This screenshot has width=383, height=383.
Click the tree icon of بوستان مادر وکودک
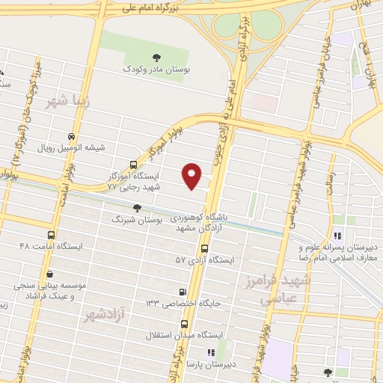click(x=156, y=56)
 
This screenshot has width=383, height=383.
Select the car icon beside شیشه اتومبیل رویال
click(x=71, y=137)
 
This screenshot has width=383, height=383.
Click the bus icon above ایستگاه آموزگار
click(x=133, y=165)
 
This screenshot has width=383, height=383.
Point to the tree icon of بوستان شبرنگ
click(x=136, y=208)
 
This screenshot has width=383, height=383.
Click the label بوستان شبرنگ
click(x=134, y=220)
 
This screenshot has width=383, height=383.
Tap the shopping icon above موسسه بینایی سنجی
click(x=49, y=275)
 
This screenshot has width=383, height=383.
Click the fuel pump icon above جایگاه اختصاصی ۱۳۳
click(x=183, y=292)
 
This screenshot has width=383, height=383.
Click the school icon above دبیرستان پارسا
click(x=211, y=352)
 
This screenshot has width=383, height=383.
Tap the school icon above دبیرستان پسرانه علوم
click(x=337, y=238)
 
